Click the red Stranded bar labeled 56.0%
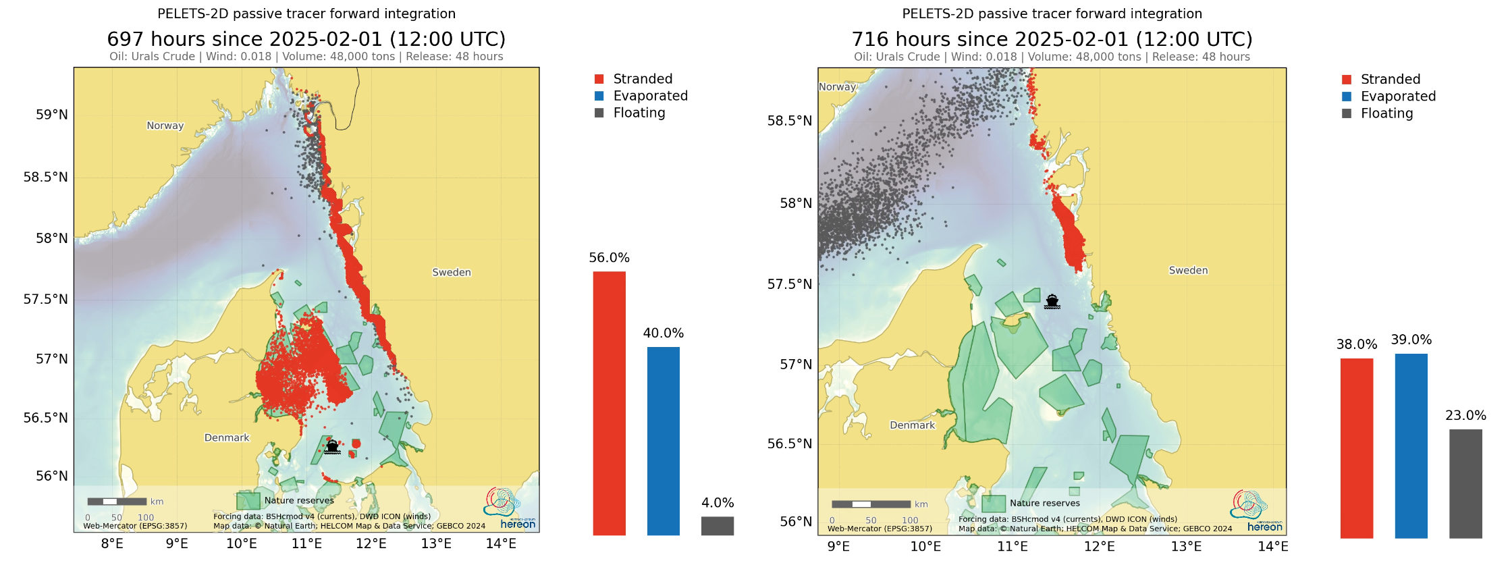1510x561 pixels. pyautogui.click(x=609, y=403)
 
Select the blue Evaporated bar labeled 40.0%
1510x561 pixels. pyautogui.click(x=663, y=441)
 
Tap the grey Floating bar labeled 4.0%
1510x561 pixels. pyautogui.click(x=717, y=526)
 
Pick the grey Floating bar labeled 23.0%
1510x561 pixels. pyautogui.click(x=1465, y=483)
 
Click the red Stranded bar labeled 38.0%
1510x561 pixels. pyautogui.click(x=1356, y=448)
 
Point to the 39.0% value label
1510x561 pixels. pyautogui.click(x=1411, y=340)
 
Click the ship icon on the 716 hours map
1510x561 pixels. pyautogui.click(x=1052, y=301)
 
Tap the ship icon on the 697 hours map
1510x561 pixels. pyautogui.click(x=332, y=446)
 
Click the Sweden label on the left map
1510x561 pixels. pyautogui.click(x=452, y=272)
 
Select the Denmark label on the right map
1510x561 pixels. pyautogui.click(x=912, y=425)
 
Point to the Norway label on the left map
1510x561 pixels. pyautogui.click(x=165, y=126)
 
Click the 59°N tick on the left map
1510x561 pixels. pyautogui.click(x=51, y=115)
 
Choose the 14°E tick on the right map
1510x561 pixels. pyautogui.click(x=1272, y=546)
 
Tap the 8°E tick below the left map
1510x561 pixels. pyautogui.click(x=112, y=543)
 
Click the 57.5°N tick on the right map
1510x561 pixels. pyautogui.click(x=789, y=284)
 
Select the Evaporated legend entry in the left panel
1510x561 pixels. pyautogui.click(x=649, y=96)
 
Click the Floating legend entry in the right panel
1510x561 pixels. pyautogui.click(x=1386, y=113)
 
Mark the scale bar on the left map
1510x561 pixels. pyautogui.click(x=117, y=502)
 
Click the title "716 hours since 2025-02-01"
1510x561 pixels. pyautogui.click(x=1051, y=39)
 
